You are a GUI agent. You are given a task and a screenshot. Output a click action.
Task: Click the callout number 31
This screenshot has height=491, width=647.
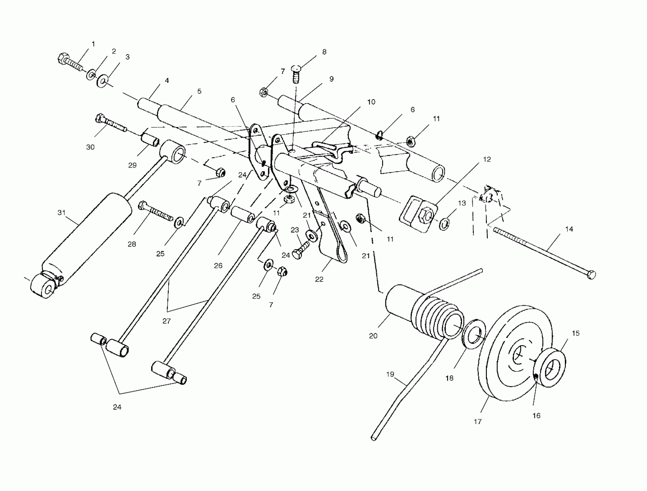(x=61, y=213)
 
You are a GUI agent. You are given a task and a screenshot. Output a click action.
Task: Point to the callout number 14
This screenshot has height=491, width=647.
(x=569, y=229)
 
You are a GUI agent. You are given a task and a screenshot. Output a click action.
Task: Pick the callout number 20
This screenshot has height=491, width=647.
(x=373, y=336)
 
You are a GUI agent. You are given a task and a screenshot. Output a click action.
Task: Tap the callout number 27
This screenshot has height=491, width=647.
(x=167, y=321)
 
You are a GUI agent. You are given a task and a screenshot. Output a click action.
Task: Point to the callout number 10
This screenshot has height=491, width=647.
(x=371, y=102)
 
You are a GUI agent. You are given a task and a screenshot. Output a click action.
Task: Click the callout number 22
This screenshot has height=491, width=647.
(x=319, y=279)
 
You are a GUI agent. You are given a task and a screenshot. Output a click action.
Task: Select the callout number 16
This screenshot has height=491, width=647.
(x=536, y=415)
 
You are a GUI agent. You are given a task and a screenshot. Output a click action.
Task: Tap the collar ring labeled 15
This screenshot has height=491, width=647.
(x=551, y=367)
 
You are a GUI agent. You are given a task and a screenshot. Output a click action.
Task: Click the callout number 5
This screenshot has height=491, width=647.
(x=199, y=91)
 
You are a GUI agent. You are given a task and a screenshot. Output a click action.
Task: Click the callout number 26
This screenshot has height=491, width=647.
(x=218, y=265)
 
